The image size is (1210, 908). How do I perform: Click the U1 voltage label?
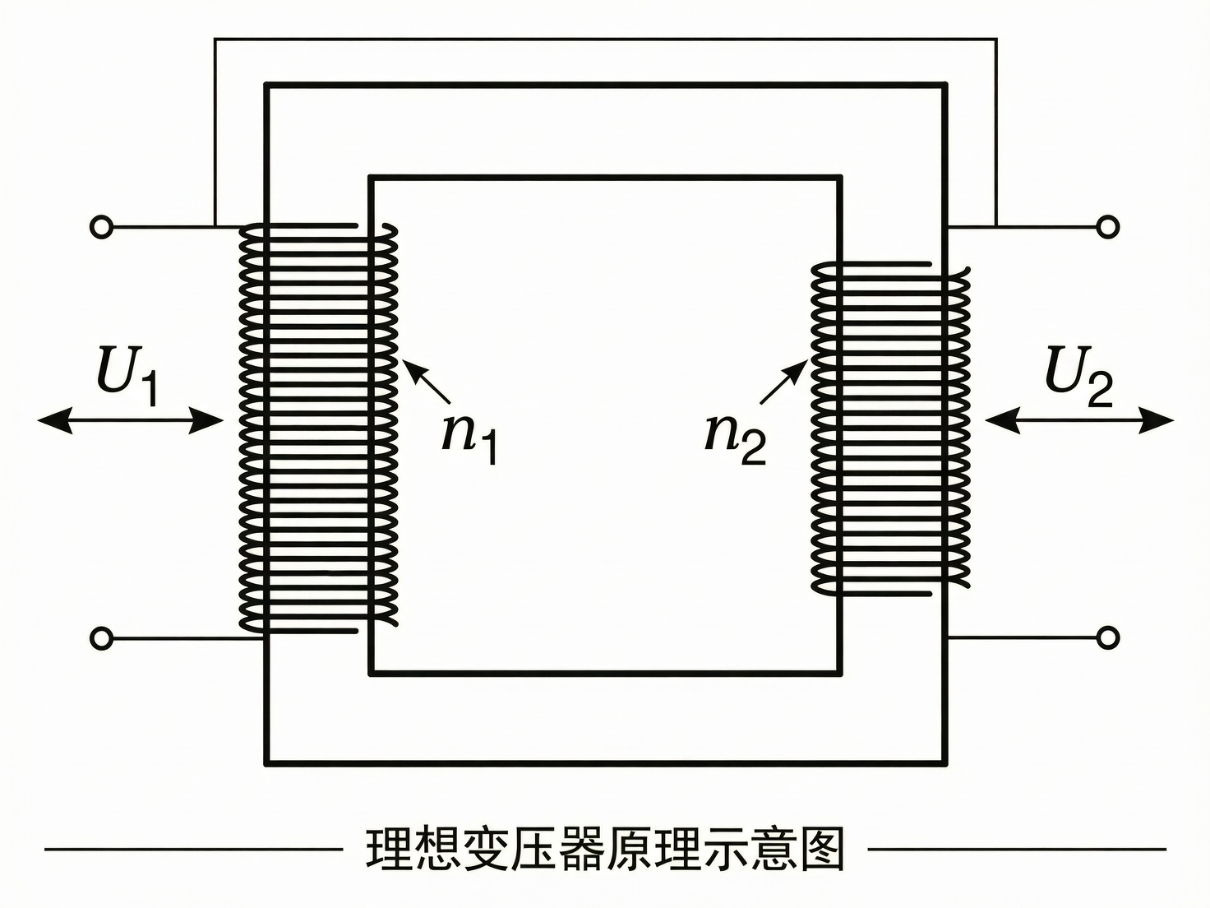click(127, 376)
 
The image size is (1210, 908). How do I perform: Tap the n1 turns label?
click(469, 436)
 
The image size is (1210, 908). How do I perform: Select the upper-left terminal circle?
click(101, 226)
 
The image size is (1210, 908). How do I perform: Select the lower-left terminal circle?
click(101, 637)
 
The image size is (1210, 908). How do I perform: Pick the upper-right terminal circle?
click(1108, 226)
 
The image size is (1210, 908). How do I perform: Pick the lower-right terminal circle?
click(1108, 637)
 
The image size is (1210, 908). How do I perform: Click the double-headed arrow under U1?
click(131, 422)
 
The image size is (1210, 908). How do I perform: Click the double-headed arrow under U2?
click(1079, 421)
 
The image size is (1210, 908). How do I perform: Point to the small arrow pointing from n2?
click(783, 382)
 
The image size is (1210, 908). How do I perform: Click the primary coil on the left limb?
click(318, 428)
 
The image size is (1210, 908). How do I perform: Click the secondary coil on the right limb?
click(890, 428)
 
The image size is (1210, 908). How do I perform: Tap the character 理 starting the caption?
click(389, 849)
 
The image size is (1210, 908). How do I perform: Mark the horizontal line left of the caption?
click(193, 849)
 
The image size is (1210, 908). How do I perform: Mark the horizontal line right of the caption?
click(1017, 849)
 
